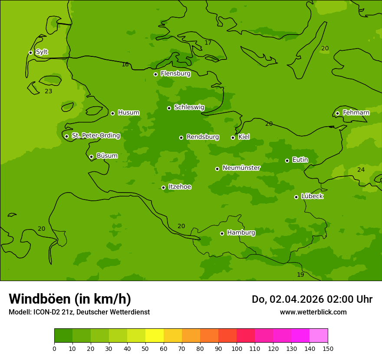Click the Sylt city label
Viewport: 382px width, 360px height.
[42, 52]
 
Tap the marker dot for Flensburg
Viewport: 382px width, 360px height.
[155, 74]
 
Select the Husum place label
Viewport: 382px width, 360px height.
[128, 113]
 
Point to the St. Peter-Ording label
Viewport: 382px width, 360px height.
[95, 136]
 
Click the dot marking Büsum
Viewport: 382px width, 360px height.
[91, 157]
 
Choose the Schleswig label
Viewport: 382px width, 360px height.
[189, 107]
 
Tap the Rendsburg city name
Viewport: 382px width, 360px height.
[203, 137]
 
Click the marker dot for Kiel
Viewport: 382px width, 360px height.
[233, 137]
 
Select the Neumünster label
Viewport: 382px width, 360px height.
[241, 168]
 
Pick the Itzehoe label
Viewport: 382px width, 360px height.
[180, 187]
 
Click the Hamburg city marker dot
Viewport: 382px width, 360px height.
[222, 233]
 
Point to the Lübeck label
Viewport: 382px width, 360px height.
[312, 196]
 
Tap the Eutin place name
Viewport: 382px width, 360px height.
[300, 160]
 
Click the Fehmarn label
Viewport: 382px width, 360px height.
[356, 113]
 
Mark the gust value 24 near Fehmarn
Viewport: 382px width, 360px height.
[361, 170]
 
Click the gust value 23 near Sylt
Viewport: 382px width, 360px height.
[48, 92]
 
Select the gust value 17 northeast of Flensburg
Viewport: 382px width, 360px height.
[208, 43]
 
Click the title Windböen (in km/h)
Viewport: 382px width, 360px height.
[70, 299]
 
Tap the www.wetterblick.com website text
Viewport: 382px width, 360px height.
[313, 312]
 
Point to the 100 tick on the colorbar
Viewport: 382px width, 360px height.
[237, 348]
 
